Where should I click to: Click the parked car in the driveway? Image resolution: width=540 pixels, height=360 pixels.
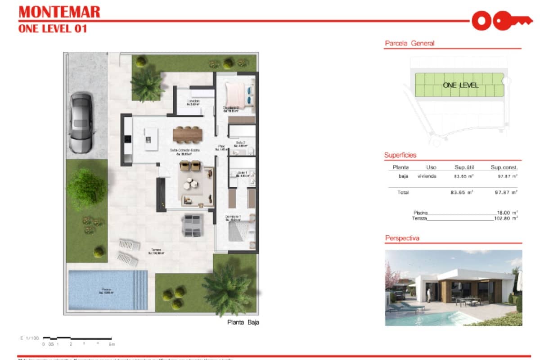tap(81, 122)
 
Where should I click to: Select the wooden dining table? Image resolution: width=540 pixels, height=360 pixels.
tap(188, 134)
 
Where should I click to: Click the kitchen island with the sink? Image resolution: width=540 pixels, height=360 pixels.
tap(151, 139)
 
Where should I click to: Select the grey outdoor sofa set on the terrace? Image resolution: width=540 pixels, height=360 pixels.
tap(193, 225)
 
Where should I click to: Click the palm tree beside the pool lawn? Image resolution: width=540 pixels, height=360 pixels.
tap(227, 288)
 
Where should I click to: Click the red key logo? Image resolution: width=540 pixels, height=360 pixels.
tap(497, 20)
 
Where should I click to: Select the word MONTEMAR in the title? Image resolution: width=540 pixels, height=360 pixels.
tap(59, 12)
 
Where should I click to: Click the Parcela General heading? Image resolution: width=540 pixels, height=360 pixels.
tap(409, 44)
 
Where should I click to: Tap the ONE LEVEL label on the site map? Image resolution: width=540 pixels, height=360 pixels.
tap(460, 85)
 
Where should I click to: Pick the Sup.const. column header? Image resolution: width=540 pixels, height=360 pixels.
tap(504, 167)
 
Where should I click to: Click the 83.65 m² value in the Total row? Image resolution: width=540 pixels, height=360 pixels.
tap(461, 192)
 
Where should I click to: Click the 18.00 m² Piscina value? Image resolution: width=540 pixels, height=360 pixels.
tap(507, 212)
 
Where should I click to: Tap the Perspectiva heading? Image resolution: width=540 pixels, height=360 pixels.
tap(402, 238)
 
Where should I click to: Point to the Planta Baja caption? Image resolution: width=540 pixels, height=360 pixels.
tap(243, 322)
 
